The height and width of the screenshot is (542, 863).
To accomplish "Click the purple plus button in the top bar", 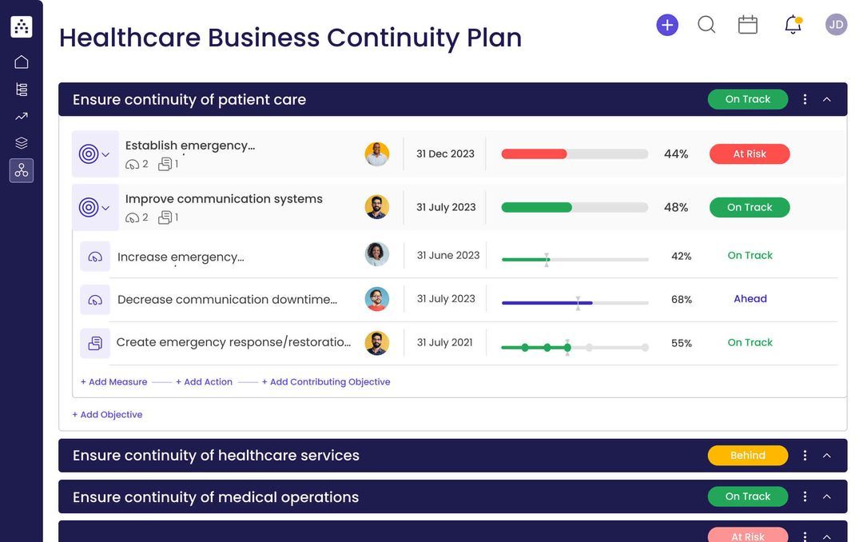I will click(x=667, y=25).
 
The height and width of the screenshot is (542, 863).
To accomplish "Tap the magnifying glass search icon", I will click(x=706, y=25).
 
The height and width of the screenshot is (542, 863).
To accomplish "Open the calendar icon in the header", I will click(x=748, y=25).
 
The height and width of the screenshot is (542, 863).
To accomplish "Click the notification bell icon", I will click(x=793, y=25).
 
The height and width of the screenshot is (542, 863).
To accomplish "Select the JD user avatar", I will click(x=836, y=25).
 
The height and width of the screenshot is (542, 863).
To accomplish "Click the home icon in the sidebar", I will click(x=22, y=62).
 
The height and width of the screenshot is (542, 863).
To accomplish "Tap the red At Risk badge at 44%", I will click(x=750, y=154).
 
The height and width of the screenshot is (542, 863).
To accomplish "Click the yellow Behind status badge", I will click(x=747, y=456).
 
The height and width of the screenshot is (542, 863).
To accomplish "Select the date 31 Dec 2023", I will click(x=445, y=154).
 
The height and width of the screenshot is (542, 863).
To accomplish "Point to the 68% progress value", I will click(x=681, y=300).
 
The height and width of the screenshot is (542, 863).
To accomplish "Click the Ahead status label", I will click(x=750, y=299).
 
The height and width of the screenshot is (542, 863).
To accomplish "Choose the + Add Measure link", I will click(x=113, y=382).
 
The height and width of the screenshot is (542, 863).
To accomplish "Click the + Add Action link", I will click(x=204, y=382).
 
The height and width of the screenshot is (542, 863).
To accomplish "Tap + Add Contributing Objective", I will click(x=326, y=382).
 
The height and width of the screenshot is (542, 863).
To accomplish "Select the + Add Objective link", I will click(x=107, y=415).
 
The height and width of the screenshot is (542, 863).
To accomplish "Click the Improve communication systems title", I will click(x=224, y=199).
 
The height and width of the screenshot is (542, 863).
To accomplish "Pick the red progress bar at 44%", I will click(x=534, y=154).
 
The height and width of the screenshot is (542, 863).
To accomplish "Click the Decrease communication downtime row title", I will click(x=227, y=300).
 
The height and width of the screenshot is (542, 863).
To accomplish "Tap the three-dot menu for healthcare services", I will click(x=805, y=456).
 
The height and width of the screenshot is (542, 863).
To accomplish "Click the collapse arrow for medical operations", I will click(x=827, y=496).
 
